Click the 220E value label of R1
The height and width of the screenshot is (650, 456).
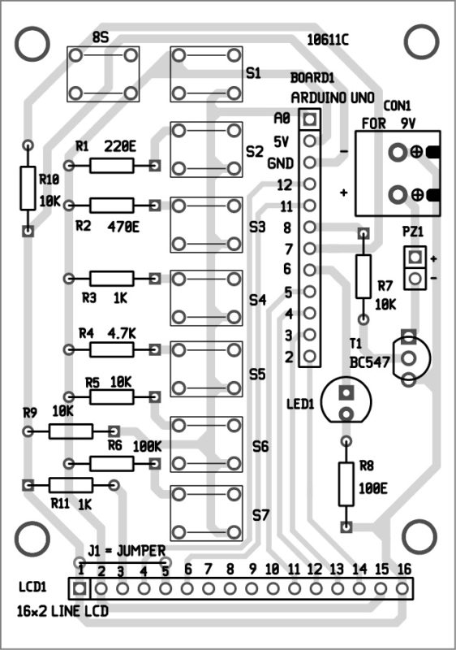point(120,147)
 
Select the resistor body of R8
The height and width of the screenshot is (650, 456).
point(346,483)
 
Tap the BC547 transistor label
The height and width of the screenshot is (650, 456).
point(369,362)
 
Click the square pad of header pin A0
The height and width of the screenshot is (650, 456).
point(309,119)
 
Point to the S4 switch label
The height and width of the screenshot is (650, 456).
point(258,299)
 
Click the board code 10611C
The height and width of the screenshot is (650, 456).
point(328,40)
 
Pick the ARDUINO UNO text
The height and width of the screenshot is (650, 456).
point(333,97)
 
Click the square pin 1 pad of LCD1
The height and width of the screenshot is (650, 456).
point(79,587)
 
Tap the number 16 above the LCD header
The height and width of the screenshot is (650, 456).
point(403,570)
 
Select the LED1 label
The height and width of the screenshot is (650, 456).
point(300,403)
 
